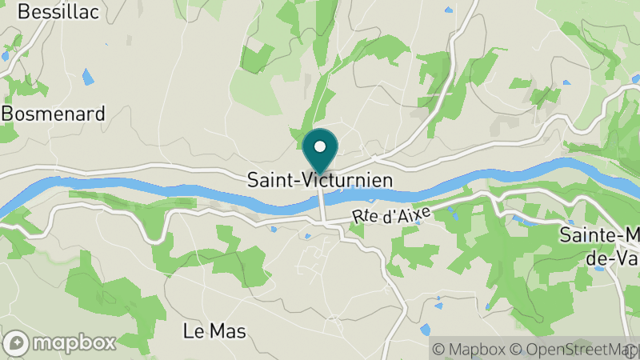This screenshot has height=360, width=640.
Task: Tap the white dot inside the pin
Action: [320, 146]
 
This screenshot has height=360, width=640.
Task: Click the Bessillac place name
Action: [46, 11]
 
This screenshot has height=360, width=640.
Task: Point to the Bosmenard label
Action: [53, 114]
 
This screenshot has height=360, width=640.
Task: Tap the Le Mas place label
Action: [214, 330]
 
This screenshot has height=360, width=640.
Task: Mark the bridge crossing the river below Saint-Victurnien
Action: [322, 205]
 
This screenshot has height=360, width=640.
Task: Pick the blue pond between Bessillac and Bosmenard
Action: [87, 78]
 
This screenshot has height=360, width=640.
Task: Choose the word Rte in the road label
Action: [366, 216]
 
